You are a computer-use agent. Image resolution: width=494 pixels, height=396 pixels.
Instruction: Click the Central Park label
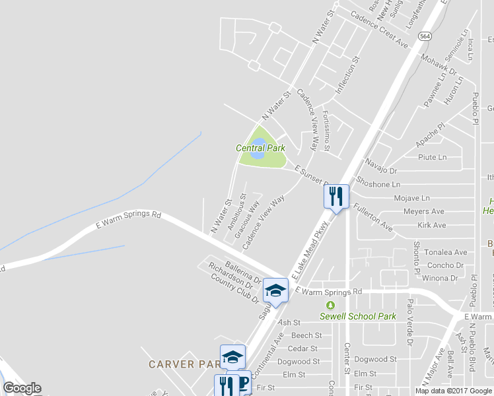pos(260,148)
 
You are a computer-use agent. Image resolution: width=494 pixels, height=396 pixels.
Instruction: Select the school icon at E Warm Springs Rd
pos(276,290)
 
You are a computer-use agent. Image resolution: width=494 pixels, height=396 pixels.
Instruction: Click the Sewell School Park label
pos(358,316)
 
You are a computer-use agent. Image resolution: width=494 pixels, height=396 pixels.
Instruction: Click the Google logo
pos(22,388)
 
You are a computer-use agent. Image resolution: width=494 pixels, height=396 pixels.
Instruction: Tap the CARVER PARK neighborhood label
pos(180,364)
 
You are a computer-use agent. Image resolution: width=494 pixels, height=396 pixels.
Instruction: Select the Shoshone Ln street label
pos(378,184)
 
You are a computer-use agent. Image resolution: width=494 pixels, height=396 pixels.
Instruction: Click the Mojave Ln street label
pos(411,197)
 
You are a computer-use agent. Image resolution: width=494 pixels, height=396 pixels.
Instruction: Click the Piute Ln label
pos(433,157)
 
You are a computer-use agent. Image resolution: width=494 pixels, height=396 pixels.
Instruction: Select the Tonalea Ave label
pos(445,252)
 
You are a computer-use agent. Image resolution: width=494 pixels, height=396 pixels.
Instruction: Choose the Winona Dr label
pos(440,278)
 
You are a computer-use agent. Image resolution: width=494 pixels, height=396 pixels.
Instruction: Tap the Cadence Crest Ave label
pos(379,29)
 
